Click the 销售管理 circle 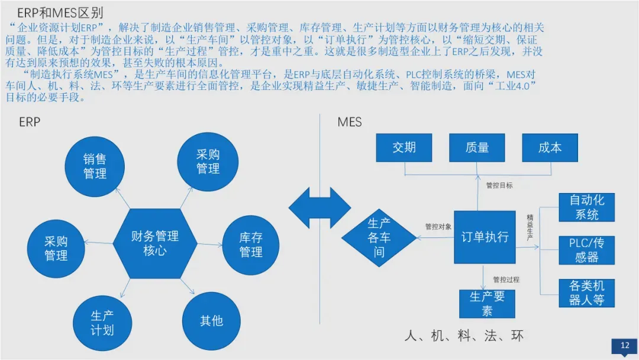[x=95, y=166]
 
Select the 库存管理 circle [x=251, y=245]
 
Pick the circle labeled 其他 [x=211, y=320]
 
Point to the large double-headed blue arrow [x=320, y=208]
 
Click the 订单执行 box [x=485, y=237]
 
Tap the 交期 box [x=404, y=147]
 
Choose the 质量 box [x=477, y=147]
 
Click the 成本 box [x=550, y=147]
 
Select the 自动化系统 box [x=587, y=207]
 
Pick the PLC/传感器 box [x=587, y=250]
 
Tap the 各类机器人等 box [x=587, y=292]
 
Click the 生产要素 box [x=487, y=304]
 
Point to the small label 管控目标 [x=499, y=185]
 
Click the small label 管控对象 [x=438, y=226]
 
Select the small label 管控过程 [x=506, y=279]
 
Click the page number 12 [x=624, y=346]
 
